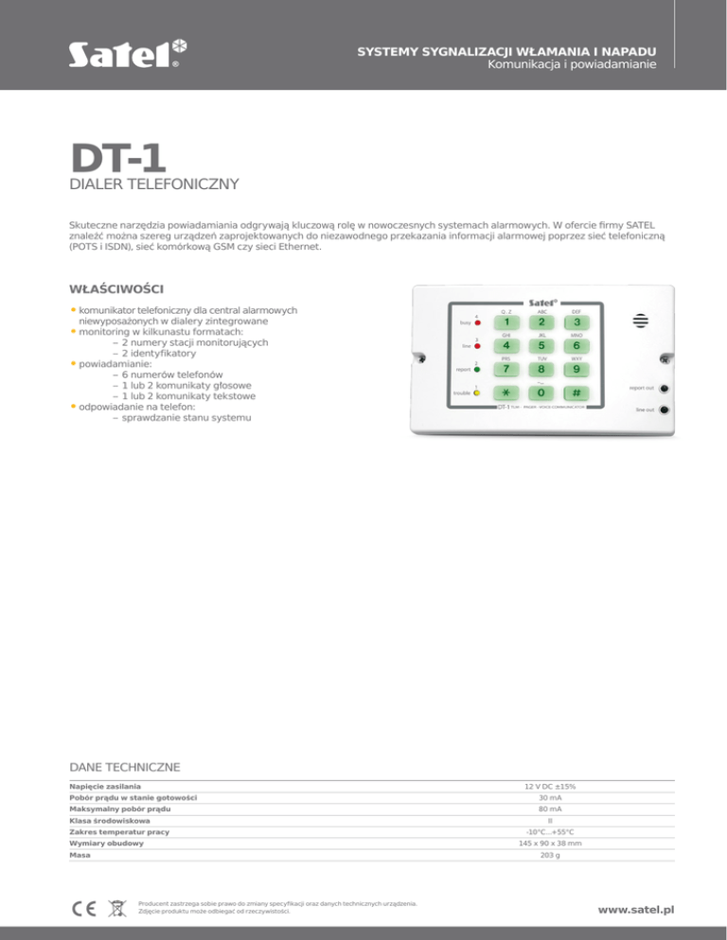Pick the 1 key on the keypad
click(x=505, y=322)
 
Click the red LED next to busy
click(x=478, y=323)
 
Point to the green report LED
click(x=478, y=370)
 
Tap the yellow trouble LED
click(x=478, y=392)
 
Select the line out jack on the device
click(x=666, y=409)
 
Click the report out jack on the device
click(x=666, y=388)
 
